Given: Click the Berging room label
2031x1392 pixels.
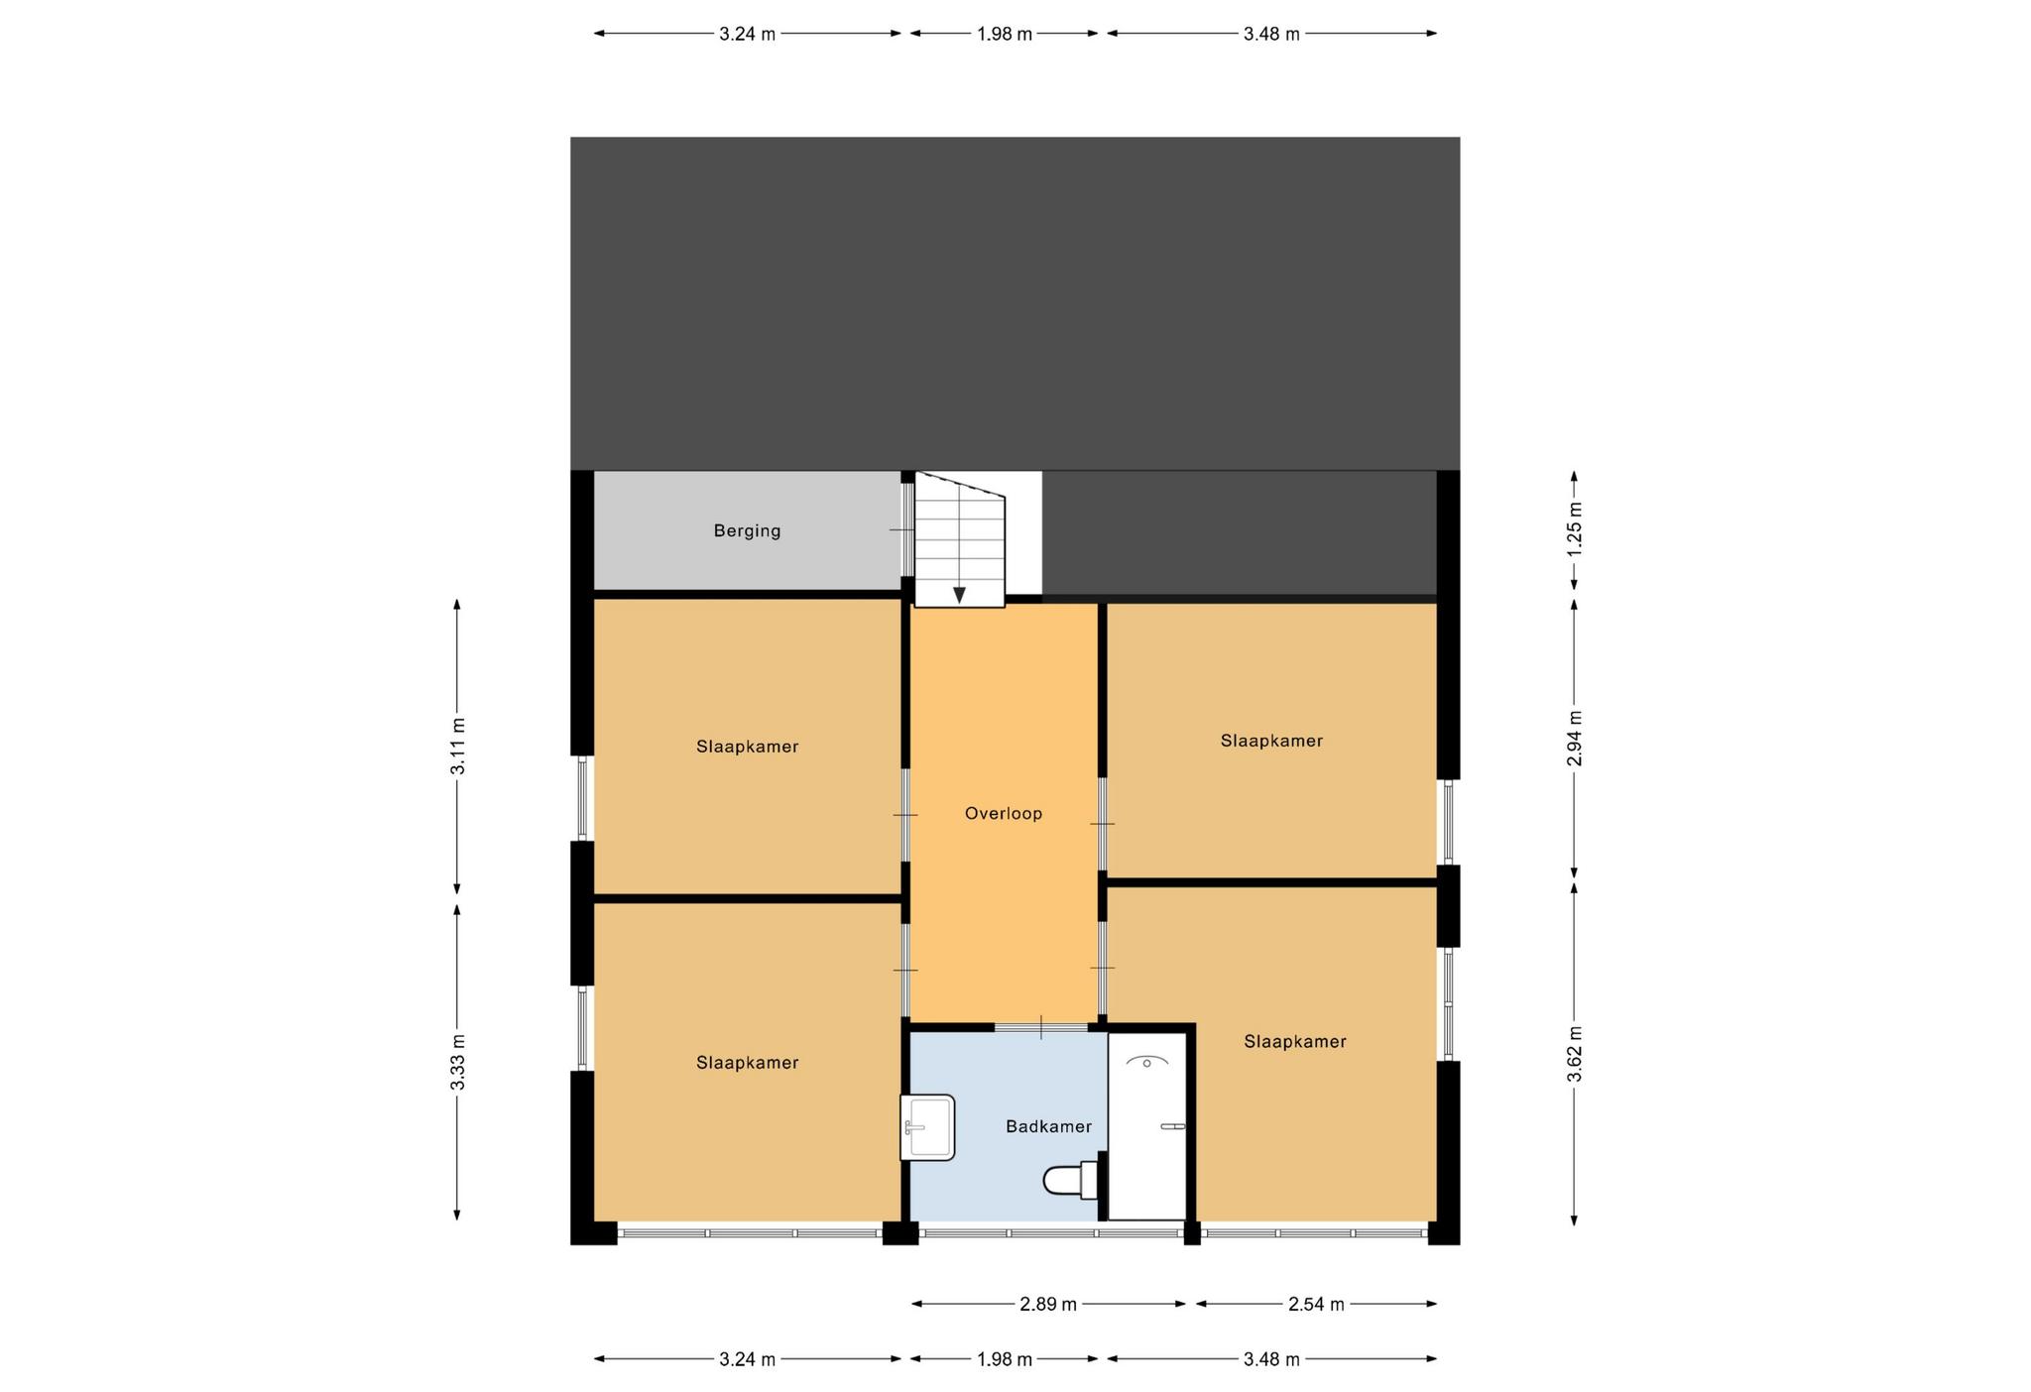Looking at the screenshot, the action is (x=747, y=531).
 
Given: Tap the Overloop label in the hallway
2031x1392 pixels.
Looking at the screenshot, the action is (x=1004, y=814).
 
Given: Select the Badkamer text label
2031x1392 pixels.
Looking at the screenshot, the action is (x=1048, y=1126).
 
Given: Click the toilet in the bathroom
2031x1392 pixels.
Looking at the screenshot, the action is (x=1071, y=1180).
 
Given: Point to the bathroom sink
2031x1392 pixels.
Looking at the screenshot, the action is (x=927, y=1127).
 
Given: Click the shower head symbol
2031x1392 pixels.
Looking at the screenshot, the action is (x=1146, y=1062).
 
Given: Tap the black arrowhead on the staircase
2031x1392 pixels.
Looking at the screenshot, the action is (x=959, y=595).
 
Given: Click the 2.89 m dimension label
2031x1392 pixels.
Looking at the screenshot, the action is (x=1048, y=1304).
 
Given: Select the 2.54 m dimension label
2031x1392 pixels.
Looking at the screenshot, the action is (x=1316, y=1304).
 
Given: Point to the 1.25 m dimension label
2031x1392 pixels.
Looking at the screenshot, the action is (x=1574, y=529).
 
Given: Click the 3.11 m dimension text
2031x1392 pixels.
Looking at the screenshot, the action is (x=457, y=746).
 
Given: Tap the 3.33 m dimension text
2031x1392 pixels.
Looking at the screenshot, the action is (x=457, y=1062).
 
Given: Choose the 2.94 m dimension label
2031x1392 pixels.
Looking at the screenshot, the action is (x=1574, y=739).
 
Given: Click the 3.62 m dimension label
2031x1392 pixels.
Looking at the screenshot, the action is (x=1574, y=1055).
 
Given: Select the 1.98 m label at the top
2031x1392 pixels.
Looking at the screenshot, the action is (x=1004, y=34).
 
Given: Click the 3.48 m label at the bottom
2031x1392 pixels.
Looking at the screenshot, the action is (x=1271, y=1359).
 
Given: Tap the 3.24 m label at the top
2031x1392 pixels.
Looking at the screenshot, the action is (x=747, y=34).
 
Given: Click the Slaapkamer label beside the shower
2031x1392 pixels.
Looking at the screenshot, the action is (x=1295, y=1042).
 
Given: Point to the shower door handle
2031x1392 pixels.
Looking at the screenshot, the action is (x=1173, y=1126).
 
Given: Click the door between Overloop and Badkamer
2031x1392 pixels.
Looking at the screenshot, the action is (x=1041, y=1027).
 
